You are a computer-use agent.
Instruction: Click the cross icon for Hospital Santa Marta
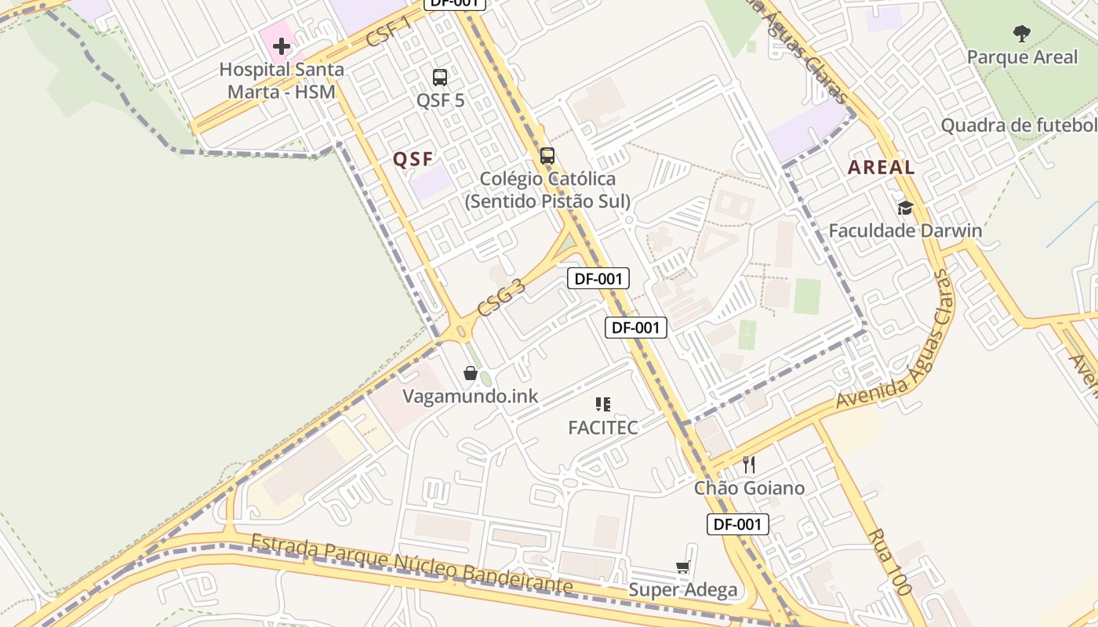coord(282,46)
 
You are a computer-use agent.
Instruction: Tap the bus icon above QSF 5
coord(440,78)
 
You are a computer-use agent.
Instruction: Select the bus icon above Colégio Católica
coord(547,155)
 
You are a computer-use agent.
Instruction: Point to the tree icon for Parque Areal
coord(1021,33)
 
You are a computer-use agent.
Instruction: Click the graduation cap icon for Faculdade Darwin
coord(905,208)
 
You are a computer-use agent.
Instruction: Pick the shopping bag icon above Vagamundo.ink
coord(471,373)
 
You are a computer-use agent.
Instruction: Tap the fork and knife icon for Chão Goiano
coord(749,465)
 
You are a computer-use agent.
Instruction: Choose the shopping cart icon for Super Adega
coord(682,567)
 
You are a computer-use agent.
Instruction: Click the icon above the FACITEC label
coord(602,404)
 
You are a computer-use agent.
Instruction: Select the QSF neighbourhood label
coord(413,159)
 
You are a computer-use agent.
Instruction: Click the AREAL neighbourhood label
coord(881,167)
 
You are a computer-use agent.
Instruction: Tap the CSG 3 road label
coord(501,297)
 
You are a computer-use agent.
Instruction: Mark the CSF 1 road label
coord(390,31)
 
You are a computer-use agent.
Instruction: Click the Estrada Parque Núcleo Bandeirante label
coord(412,564)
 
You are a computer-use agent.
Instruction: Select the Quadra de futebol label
coord(1019,125)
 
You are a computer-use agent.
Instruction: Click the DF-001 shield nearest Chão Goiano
coord(737,524)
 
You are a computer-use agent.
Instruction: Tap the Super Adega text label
coord(682,590)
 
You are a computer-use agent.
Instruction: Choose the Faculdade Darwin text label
coord(905,230)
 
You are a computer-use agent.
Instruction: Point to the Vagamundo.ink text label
coord(471,396)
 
